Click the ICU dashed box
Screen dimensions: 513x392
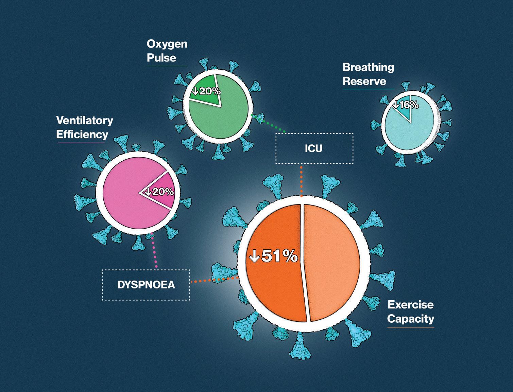click(x=314, y=148)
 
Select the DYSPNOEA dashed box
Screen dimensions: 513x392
click(x=146, y=285)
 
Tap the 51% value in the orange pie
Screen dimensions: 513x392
click(x=274, y=256)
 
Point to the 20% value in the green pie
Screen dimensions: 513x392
click(x=206, y=91)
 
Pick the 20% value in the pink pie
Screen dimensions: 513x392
click(x=159, y=192)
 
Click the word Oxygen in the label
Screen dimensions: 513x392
click(x=167, y=44)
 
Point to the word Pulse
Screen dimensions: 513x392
click(x=161, y=58)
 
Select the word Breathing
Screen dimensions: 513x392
click(x=368, y=67)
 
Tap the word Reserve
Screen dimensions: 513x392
click(x=364, y=81)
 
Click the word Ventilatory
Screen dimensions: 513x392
click(x=85, y=120)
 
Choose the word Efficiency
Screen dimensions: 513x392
click(x=82, y=135)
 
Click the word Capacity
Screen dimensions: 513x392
click(x=411, y=319)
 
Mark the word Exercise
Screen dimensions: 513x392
click(x=411, y=305)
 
